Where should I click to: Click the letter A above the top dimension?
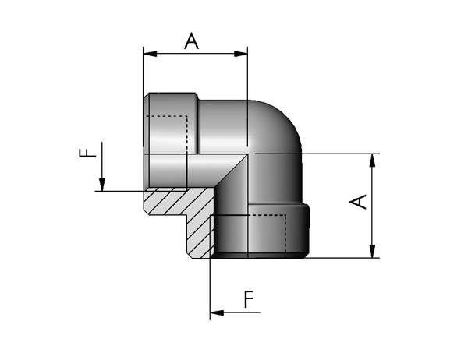[191, 41]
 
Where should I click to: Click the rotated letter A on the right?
[358, 202]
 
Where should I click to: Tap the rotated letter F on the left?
[87, 153]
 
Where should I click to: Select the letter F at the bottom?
[249, 299]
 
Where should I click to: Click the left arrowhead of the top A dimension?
[150, 54]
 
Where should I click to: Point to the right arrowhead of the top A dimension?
[241, 54]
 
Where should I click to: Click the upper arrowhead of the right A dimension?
[372, 161]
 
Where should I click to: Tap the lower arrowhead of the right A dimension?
[372, 251]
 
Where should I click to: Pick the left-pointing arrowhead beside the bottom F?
[217, 312]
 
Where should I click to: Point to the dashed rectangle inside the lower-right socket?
[285, 235]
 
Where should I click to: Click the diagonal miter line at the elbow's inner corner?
[232, 171]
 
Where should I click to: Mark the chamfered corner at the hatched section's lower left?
[147, 212]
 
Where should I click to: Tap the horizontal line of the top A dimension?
[196, 54]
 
